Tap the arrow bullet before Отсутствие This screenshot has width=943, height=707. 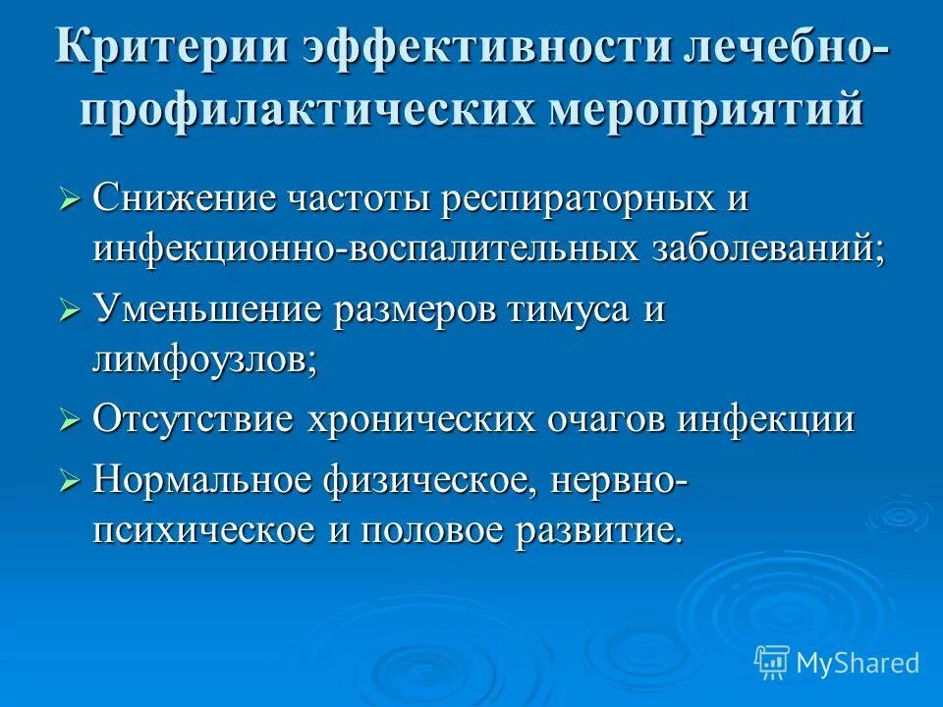[70, 422]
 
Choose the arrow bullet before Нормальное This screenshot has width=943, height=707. [70, 482]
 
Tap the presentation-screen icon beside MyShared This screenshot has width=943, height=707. [772, 662]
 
